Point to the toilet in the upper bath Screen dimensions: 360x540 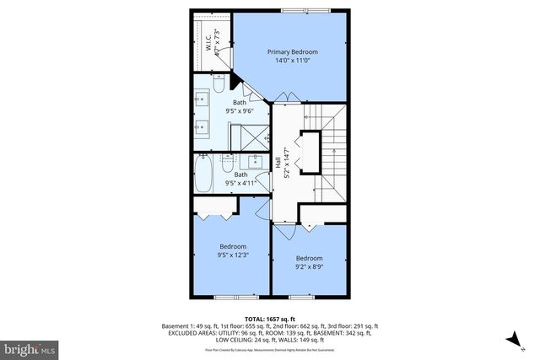(x=217, y=85)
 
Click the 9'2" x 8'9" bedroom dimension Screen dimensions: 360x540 (x=309, y=267)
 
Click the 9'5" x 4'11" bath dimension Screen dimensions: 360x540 (x=240, y=183)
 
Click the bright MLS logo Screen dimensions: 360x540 (x=30, y=347)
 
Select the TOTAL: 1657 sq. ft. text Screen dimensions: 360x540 (x=270, y=320)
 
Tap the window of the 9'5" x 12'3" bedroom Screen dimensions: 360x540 (x=236, y=297)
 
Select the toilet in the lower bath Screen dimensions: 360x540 (x=227, y=160)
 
